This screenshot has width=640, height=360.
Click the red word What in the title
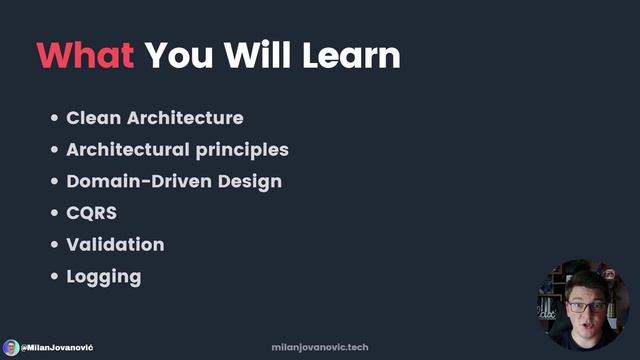[x=85, y=55]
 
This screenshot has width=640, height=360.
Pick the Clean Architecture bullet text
[x=154, y=118]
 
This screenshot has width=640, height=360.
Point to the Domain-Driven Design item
[x=173, y=182]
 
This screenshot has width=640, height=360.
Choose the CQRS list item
[x=90, y=213]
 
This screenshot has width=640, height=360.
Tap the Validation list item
[x=115, y=245]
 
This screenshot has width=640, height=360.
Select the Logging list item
[x=103, y=277]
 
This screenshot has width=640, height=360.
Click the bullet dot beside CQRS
[x=54, y=214]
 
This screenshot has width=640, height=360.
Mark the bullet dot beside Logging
[x=54, y=277]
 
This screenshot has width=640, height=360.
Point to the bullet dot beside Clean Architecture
[x=54, y=119]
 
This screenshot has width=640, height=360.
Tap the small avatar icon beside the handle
[x=11, y=347]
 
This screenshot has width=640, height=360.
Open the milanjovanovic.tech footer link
[x=320, y=347]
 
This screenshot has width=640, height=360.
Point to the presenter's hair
[x=582, y=281]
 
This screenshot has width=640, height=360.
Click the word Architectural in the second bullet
[x=127, y=150]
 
